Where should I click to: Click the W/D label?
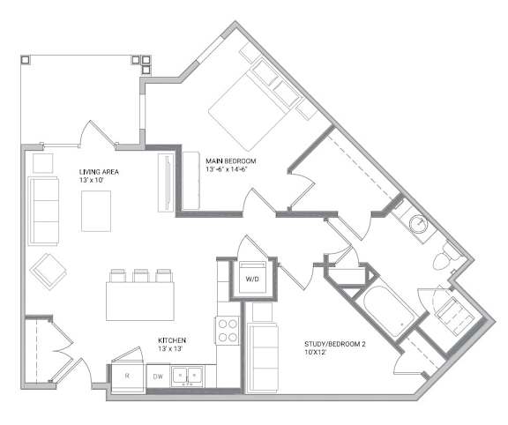coord(252,279)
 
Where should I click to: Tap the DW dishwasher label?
coord(158,377)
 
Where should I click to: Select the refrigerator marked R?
coord(128,377)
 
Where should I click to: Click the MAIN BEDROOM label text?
coord(231,161)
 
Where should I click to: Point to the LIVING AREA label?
coord(99,172)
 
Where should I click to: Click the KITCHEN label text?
coord(172,340)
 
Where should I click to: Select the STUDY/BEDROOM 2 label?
coord(334,344)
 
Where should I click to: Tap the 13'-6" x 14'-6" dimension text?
coord(227,168)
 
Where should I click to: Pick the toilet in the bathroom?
coord(445,257)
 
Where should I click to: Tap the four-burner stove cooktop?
coord(228,331)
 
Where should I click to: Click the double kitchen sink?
coord(187,377)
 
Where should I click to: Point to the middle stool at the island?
coord(141,276)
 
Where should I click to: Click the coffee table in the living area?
coord(96,211)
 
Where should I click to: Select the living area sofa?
coord(43,211)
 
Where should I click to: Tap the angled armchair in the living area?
coord(49,271)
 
